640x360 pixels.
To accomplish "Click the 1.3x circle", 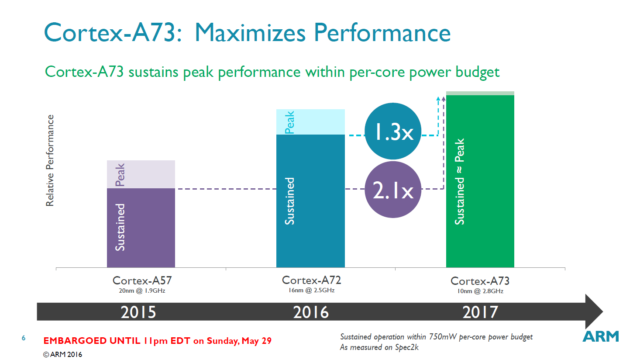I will (x=393, y=131).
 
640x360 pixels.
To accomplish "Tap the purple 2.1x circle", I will (x=393, y=190).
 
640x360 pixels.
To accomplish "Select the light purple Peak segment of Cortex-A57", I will (x=141, y=174).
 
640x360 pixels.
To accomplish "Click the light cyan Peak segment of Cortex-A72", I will (x=310, y=121).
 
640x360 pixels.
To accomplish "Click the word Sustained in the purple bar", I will (x=120, y=227).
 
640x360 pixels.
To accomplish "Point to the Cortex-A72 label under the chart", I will (x=311, y=280).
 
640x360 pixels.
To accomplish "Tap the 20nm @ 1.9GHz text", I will (x=142, y=291).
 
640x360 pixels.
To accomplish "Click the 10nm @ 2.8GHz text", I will (x=480, y=291).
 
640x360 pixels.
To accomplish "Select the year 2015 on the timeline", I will (x=138, y=312).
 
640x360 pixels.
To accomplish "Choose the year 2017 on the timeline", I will (x=480, y=312).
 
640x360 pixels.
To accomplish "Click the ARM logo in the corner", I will (x=601, y=336).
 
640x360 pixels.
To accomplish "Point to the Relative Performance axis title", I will (x=50, y=160).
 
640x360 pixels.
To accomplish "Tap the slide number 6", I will (x=24, y=338).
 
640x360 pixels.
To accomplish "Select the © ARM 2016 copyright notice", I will (x=62, y=354).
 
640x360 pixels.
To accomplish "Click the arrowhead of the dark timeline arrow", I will (x=593, y=312).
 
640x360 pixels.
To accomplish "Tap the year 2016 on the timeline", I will (x=310, y=312).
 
